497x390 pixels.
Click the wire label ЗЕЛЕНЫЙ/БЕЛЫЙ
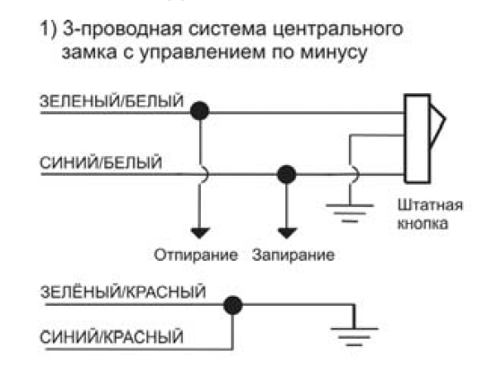[x=111, y=101]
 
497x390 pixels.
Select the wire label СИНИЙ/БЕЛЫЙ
[x=100, y=163]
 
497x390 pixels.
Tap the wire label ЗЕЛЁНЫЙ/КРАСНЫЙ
[x=123, y=291]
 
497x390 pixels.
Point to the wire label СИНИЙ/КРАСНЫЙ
[x=111, y=336]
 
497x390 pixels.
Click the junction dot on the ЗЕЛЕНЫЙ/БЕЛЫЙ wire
[x=200, y=110]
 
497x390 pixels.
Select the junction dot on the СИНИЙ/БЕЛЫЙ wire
[x=286, y=174]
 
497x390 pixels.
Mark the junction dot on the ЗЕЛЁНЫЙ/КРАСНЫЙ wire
[x=233, y=305]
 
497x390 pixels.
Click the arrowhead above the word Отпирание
[x=200, y=232]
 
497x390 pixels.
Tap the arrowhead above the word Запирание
[x=287, y=232]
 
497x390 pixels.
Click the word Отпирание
[x=196, y=255]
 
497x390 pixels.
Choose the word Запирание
[x=293, y=255]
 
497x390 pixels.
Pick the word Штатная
[x=430, y=205]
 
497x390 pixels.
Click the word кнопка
[x=423, y=223]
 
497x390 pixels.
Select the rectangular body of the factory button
[x=417, y=139]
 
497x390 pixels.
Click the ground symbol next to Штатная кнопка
[x=350, y=212]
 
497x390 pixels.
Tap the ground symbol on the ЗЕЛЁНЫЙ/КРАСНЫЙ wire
[x=354, y=336]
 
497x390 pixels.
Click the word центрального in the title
[x=337, y=30]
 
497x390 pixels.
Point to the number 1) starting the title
[x=48, y=29]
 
